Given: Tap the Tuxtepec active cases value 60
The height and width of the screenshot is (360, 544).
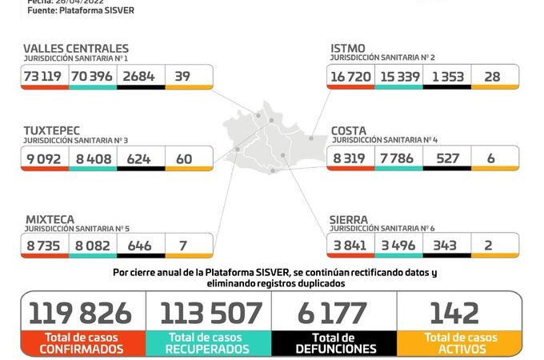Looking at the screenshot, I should (x=184, y=158).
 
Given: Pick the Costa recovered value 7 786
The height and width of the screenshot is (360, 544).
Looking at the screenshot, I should (x=398, y=158).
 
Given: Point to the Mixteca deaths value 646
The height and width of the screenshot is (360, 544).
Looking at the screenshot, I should (x=140, y=245).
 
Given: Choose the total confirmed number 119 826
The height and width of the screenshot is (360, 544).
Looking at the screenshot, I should (x=83, y=313).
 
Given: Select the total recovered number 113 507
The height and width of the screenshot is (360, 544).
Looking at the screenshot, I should (x=210, y=313).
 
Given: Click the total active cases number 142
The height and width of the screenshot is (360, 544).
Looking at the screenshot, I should (x=454, y=313).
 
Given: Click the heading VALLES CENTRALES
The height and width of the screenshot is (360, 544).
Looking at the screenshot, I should (x=76, y=49).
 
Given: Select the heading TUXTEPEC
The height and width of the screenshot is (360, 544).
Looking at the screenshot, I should (x=53, y=130).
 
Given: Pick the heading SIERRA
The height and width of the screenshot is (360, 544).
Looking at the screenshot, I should (x=350, y=218).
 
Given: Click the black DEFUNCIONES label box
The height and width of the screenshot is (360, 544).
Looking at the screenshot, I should (x=334, y=343).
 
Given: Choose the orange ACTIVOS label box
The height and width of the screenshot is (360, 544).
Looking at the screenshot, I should (x=458, y=343).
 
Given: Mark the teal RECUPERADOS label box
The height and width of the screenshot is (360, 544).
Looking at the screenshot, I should (x=209, y=343).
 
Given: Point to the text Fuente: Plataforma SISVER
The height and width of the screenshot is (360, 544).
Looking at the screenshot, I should (x=81, y=10).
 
